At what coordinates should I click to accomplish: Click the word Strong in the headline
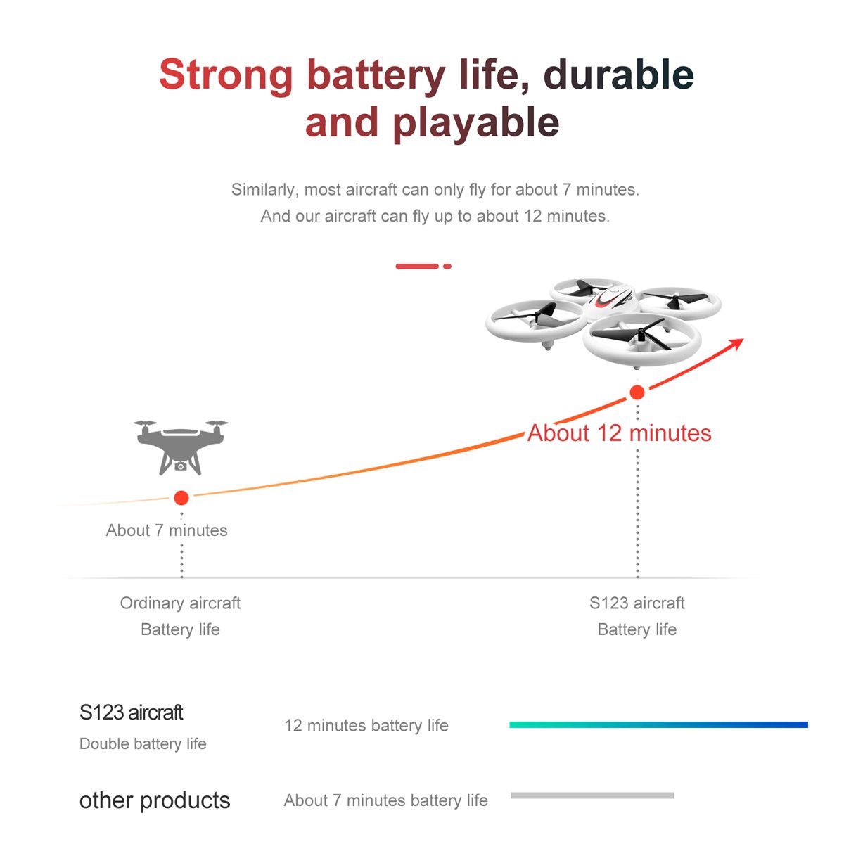point(226,75)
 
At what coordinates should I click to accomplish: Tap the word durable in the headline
point(618,74)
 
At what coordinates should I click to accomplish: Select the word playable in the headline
point(476,124)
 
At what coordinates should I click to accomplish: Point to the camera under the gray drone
point(181,466)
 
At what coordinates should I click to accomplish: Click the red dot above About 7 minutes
point(181,498)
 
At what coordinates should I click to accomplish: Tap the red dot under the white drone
point(637,392)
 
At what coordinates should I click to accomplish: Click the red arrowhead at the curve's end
point(736,343)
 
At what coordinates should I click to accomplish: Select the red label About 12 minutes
point(620,433)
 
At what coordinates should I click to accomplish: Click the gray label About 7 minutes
point(167,530)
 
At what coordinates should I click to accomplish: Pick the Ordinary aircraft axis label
point(181,603)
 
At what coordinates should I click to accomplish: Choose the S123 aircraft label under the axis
point(637,603)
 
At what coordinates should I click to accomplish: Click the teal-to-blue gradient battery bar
point(659,725)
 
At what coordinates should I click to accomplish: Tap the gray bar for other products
point(592,795)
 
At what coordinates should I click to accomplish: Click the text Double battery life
point(143,744)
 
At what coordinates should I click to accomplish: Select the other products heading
point(155,801)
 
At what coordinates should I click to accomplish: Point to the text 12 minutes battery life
point(366,726)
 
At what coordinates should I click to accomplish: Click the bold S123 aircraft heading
point(131,712)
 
